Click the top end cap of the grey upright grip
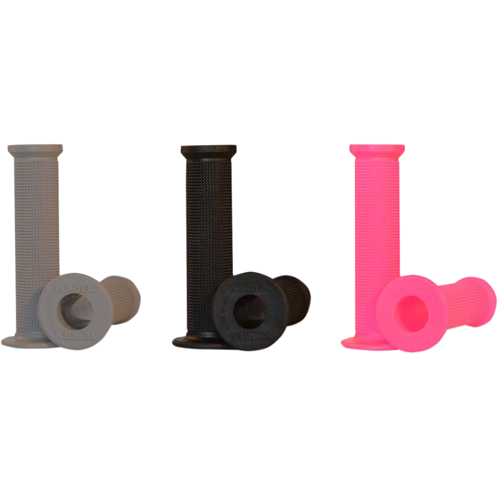[x=35, y=150]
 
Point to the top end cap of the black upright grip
[x=209, y=150]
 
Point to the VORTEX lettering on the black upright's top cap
[x=209, y=149]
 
